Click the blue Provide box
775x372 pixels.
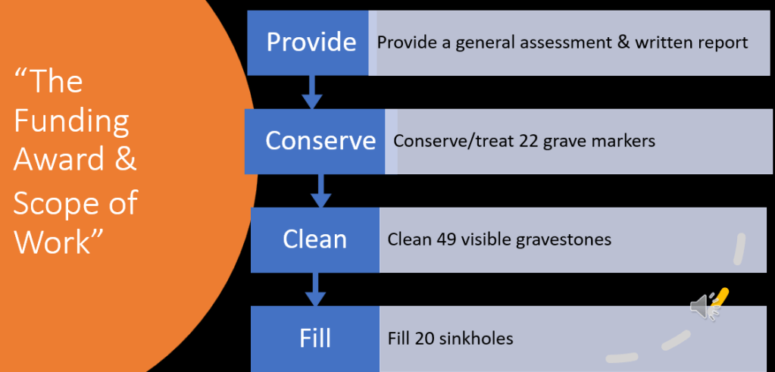coord(311,42)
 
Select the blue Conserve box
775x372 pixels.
coord(320,140)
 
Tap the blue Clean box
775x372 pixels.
coord(314,239)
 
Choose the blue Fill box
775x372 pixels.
coord(314,338)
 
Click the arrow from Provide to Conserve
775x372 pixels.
coord(311,92)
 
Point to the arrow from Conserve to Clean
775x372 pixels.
coord(321,190)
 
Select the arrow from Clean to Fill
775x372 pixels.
coord(315,289)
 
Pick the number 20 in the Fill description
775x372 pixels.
coord(424,338)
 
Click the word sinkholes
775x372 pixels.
coord(476,338)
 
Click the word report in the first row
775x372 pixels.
coord(723,42)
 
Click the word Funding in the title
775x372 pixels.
coord(72,121)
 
